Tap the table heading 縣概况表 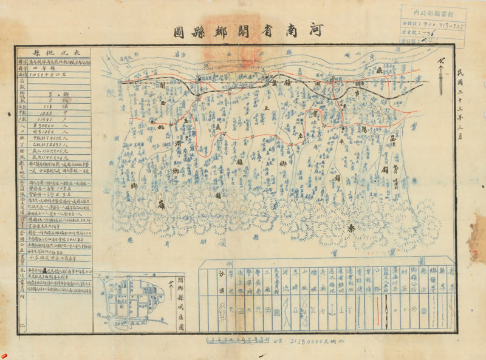pyautogui.click(x=54, y=53)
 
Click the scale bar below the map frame pyautogui.click(x=237, y=339)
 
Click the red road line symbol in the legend pyautogui.click(x=386, y=314)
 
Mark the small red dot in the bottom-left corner pyautogui.click(x=4, y=353)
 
